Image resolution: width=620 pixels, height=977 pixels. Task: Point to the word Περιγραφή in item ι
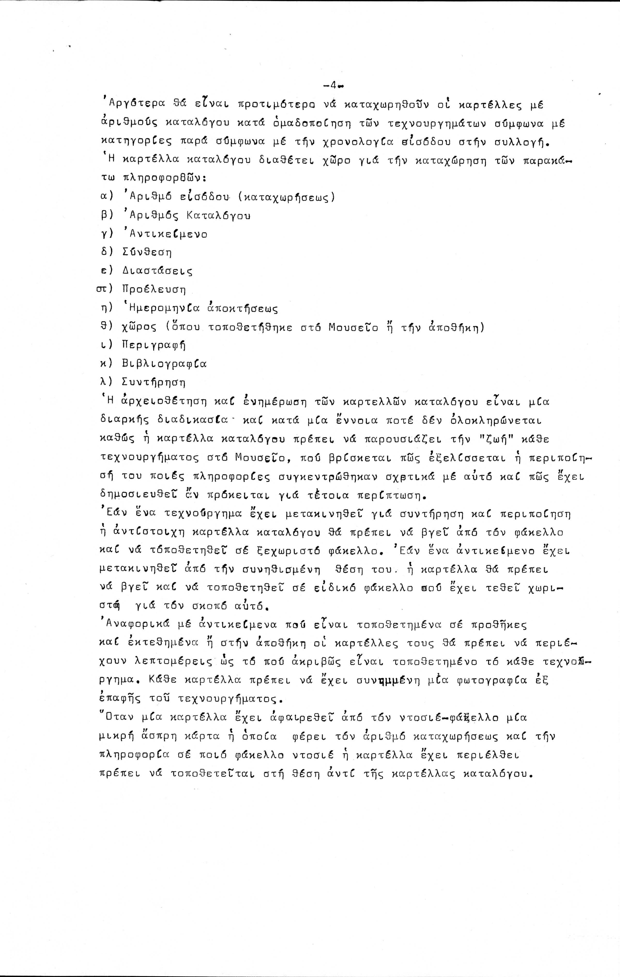pyautogui.click(x=153, y=345)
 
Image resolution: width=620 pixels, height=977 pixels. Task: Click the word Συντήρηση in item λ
pyautogui.click(x=153, y=382)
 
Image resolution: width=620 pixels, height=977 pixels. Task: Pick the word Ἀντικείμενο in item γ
pyautogui.click(x=165, y=234)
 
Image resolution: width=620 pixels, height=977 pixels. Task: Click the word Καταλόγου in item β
pyautogui.click(x=218, y=215)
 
